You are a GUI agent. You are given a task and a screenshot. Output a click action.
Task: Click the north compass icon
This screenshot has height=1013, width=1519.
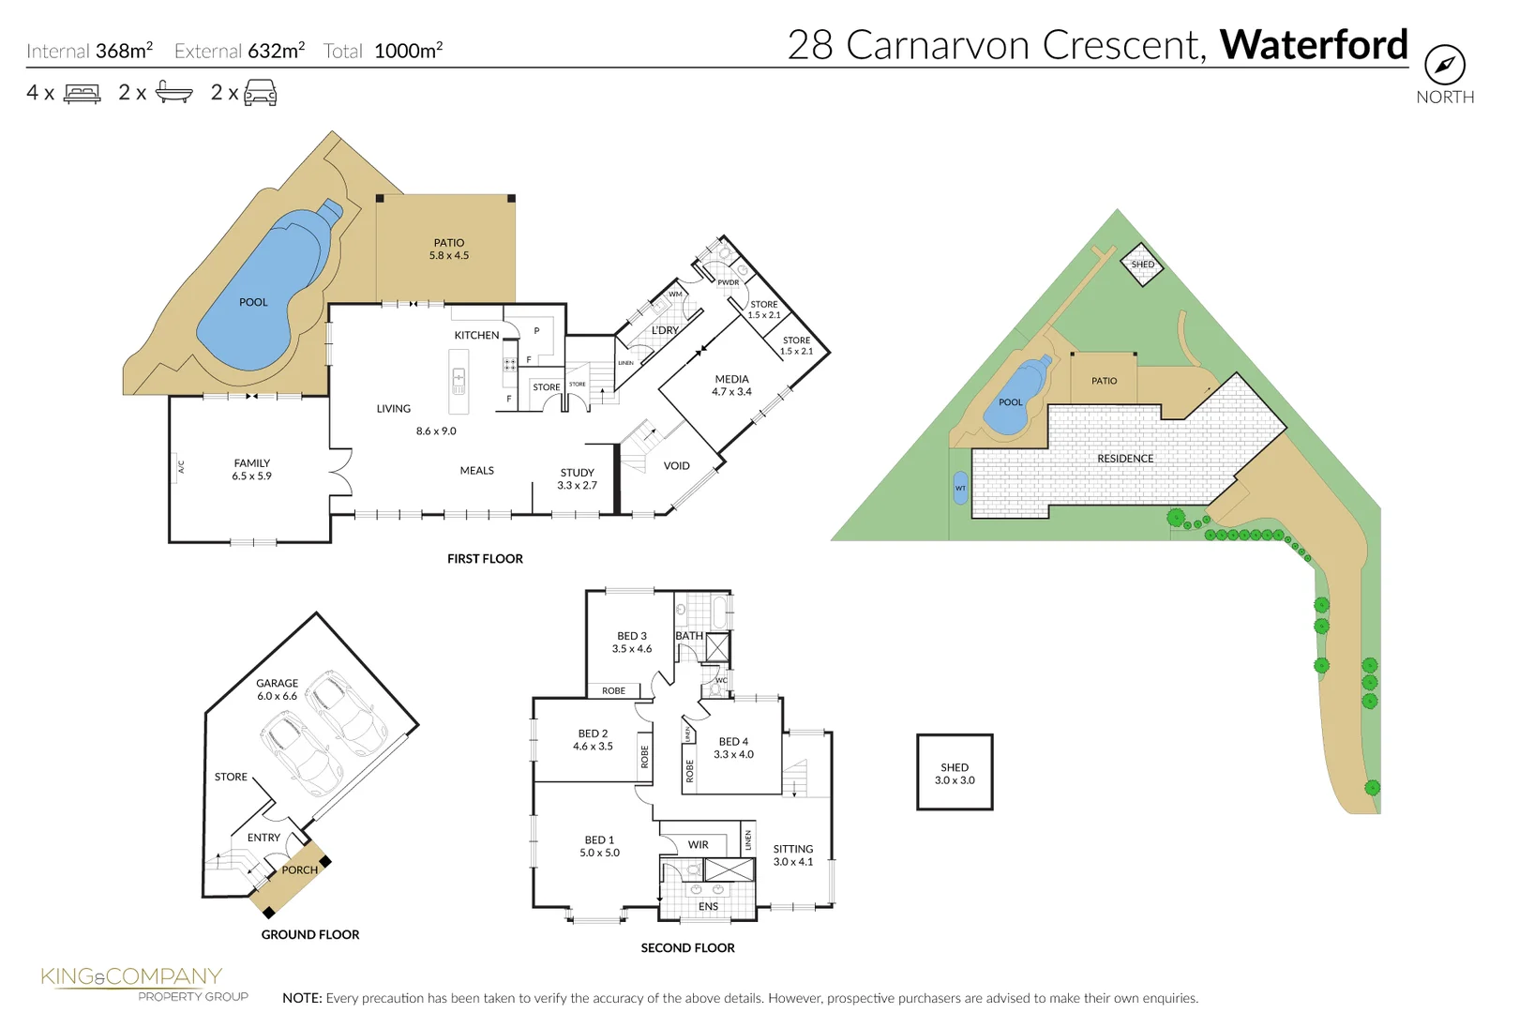tap(1444, 65)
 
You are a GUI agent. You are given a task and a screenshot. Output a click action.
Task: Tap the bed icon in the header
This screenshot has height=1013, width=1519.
tap(83, 93)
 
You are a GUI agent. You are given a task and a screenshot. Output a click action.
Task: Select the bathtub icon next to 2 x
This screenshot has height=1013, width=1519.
tap(173, 92)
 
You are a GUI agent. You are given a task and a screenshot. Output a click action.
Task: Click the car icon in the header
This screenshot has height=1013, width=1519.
tap(260, 92)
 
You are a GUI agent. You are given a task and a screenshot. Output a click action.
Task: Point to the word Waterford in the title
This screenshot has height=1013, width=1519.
tap(1313, 45)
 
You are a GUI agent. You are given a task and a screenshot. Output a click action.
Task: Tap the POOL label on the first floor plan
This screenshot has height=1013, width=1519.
tap(253, 302)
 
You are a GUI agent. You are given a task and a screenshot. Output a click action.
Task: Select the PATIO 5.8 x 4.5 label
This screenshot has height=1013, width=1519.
tap(449, 249)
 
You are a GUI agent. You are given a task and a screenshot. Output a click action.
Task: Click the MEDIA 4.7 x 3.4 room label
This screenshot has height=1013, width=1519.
tap(731, 386)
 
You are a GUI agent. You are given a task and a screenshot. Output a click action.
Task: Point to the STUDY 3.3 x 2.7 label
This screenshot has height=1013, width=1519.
tap(577, 478)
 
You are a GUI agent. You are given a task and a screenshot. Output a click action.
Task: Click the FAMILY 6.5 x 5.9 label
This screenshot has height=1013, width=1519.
tap(251, 469)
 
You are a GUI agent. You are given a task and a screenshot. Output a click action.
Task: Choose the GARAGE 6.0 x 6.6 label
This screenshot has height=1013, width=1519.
tap(277, 689)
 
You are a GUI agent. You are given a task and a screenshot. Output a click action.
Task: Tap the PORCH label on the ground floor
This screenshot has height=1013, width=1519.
tap(299, 869)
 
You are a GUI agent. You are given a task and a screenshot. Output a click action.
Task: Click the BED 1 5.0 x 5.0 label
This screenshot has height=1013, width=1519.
tap(599, 846)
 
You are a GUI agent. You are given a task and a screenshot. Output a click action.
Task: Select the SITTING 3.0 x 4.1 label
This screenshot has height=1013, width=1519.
tap(793, 854)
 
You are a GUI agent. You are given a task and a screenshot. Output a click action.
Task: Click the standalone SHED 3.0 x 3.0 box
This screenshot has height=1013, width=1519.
tap(955, 772)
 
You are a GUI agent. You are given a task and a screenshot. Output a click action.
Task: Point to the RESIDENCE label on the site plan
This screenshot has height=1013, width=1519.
tap(1125, 459)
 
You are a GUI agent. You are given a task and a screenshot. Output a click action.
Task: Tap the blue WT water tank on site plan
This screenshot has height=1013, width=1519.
tap(960, 488)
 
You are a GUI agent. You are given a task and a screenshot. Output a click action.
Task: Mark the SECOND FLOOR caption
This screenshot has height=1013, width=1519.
tap(687, 947)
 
